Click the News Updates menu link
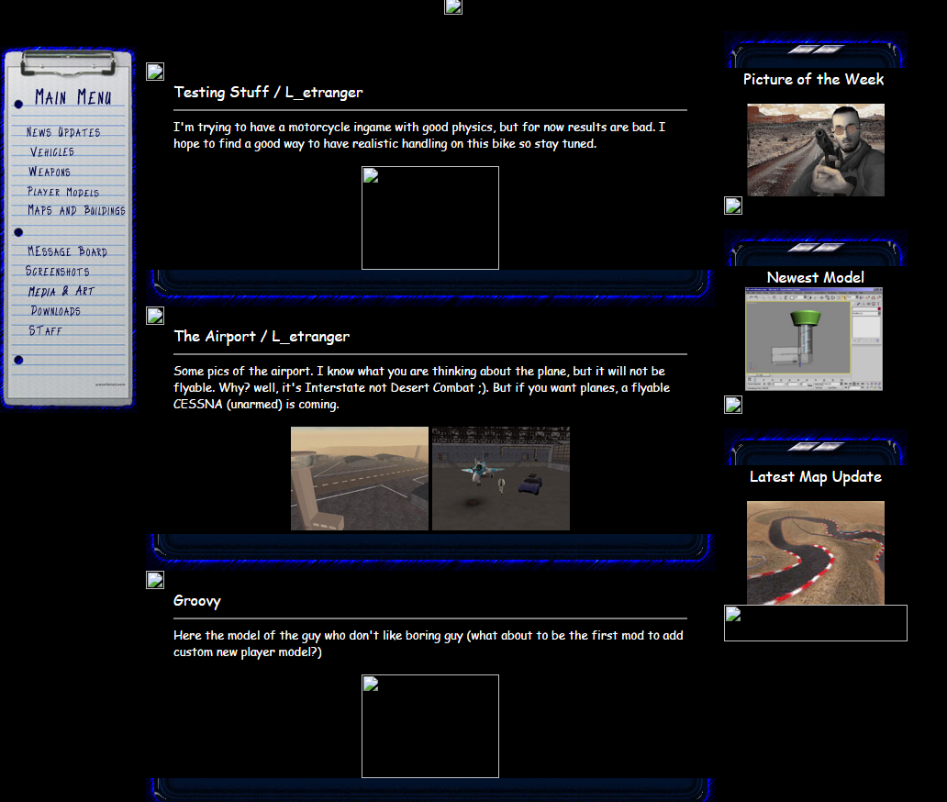click(x=62, y=131)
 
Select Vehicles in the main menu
click(x=52, y=151)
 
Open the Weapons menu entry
click(x=50, y=172)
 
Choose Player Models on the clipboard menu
click(x=62, y=192)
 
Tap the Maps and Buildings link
click(x=76, y=210)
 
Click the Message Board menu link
click(x=67, y=251)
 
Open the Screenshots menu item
click(x=58, y=272)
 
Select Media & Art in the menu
click(x=61, y=291)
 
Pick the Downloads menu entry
click(x=56, y=311)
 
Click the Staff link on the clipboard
click(x=45, y=330)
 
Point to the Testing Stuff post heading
click(x=268, y=93)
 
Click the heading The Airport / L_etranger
click(x=262, y=337)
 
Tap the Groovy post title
click(x=197, y=601)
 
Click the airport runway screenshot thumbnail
click(x=360, y=478)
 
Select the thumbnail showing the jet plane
click(x=501, y=478)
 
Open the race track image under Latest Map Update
click(x=816, y=552)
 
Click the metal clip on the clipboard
click(x=68, y=62)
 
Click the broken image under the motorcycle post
click(x=430, y=218)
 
